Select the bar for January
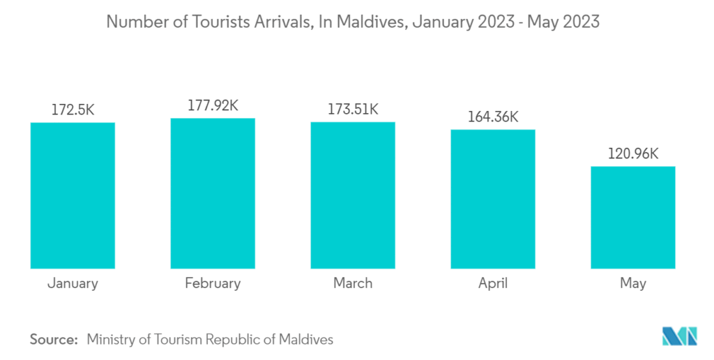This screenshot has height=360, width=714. click(73, 195)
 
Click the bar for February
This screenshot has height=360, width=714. click(213, 193)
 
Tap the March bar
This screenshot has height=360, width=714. click(353, 195)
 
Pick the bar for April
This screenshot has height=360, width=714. click(493, 199)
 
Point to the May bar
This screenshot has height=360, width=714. click(633, 217)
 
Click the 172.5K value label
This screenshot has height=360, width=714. click(73, 110)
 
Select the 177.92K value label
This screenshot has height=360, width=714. click(213, 105)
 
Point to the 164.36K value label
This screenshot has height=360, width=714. click(493, 117)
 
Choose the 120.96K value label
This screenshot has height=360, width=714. click(633, 153)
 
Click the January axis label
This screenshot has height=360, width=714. click(73, 283)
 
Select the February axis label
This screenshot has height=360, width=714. click(213, 283)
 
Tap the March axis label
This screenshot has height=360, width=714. click(353, 283)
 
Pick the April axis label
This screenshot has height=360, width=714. click(493, 283)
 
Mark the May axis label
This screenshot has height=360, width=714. click(633, 284)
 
